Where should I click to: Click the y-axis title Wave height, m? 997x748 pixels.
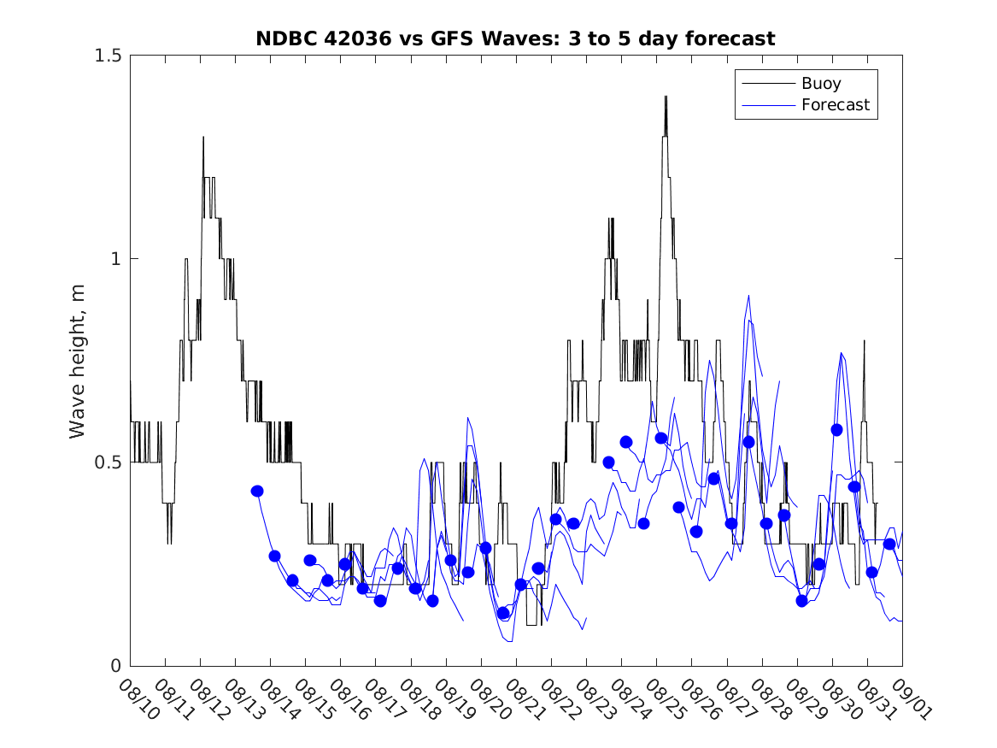pyautogui.click(x=78, y=361)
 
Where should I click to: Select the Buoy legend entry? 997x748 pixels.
pyautogui.click(x=820, y=84)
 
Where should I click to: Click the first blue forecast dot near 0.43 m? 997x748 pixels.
pyautogui.click(x=257, y=491)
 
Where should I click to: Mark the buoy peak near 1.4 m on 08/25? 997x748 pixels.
pyautogui.click(x=665, y=97)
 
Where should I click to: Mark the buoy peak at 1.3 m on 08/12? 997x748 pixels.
pyautogui.click(x=203, y=137)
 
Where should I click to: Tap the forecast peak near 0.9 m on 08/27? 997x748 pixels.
pyautogui.click(x=748, y=296)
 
